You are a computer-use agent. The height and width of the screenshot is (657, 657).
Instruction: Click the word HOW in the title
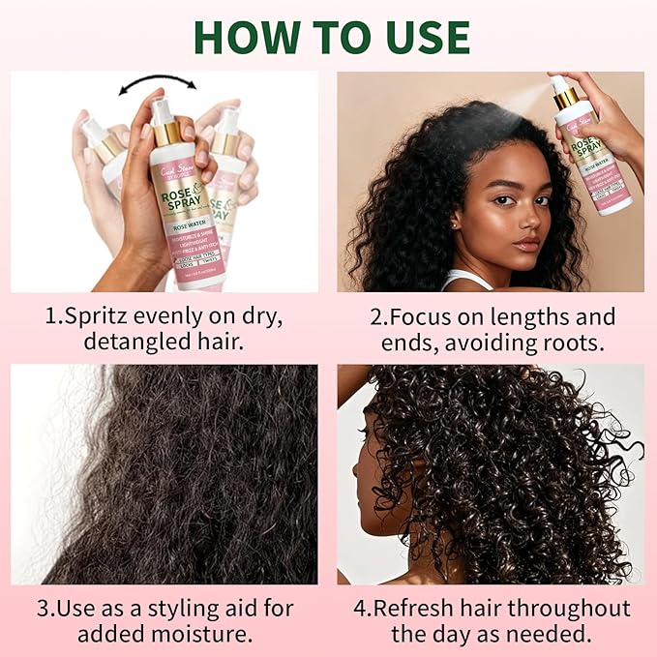click(x=248, y=36)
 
